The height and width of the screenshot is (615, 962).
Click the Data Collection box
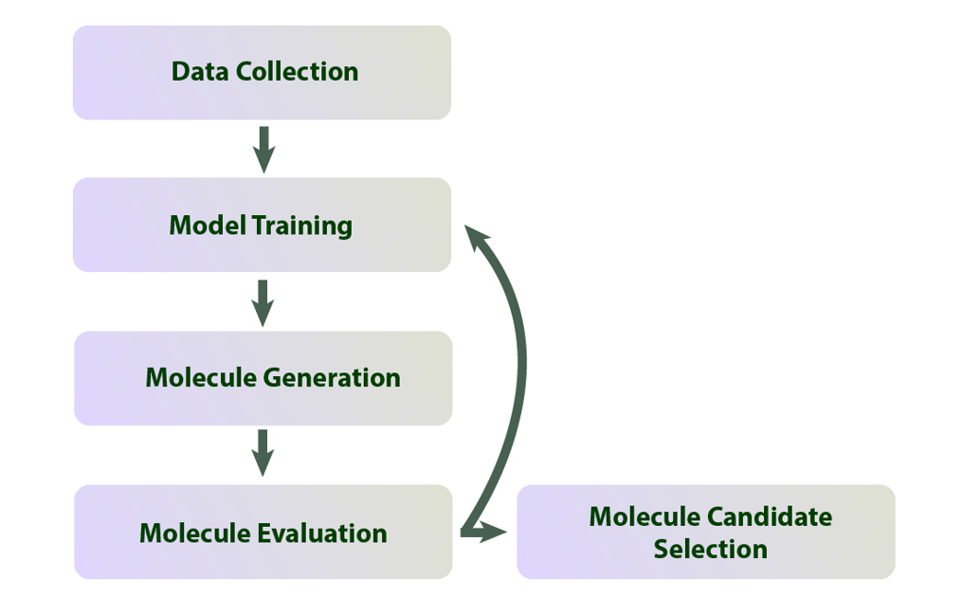(x=262, y=72)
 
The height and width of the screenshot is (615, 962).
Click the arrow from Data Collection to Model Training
(x=263, y=149)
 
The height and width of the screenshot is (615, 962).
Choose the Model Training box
(x=262, y=225)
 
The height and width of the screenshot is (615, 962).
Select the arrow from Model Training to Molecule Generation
(x=263, y=302)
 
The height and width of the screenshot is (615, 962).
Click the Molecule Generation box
(x=263, y=378)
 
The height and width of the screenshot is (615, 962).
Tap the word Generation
(x=332, y=378)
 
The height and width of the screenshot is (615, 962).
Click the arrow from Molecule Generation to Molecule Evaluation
(x=263, y=453)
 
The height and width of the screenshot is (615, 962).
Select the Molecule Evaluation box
(x=263, y=532)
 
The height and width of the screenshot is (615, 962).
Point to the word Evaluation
(x=322, y=534)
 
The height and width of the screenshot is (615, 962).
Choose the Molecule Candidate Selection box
(x=705, y=532)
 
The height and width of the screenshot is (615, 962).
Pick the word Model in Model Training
(x=208, y=226)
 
